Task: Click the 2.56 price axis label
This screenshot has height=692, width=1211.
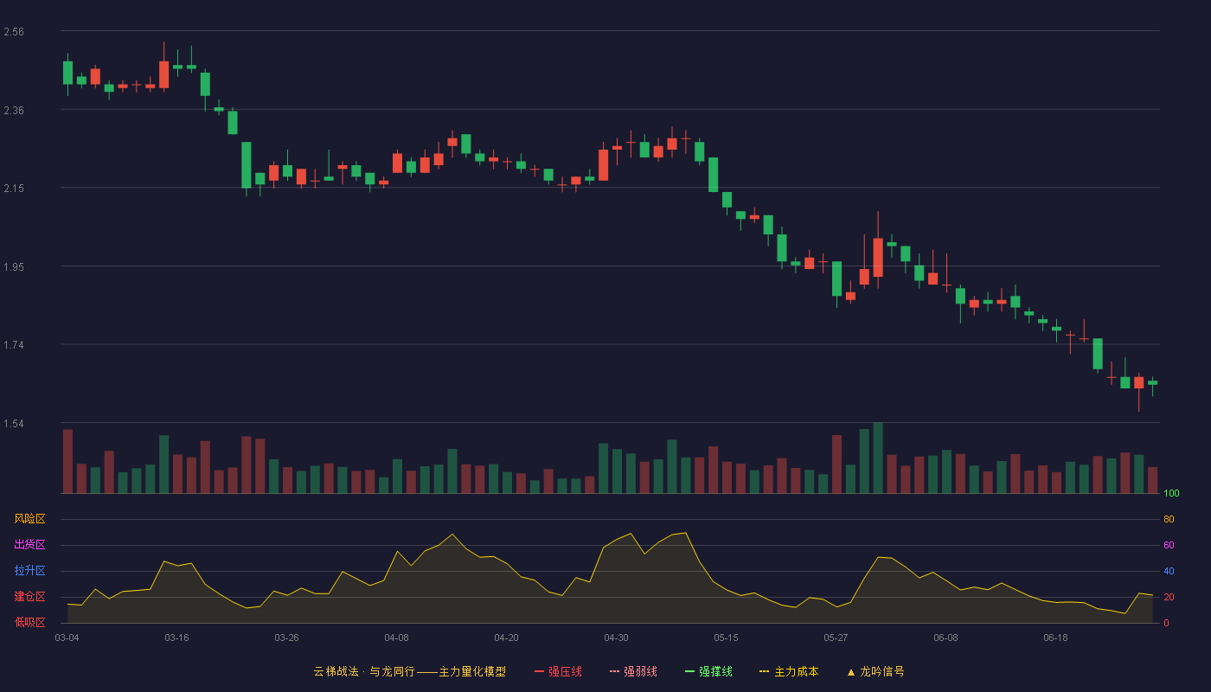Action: pyautogui.click(x=14, y=32)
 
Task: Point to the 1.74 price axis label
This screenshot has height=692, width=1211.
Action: pyautogui.click(x=14, y=345)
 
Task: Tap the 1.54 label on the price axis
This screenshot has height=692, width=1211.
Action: pyautogui.click(x=14, y=424)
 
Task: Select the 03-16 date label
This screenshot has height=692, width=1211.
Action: pyautogui.click(x=176, y=638)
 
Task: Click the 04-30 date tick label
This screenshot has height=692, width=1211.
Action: pyautogui.click(x=616, y=638)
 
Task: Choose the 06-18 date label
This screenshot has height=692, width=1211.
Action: pyautogui.click(x=1056, y=638)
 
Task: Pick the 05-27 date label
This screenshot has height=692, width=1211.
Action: pyautogui.click(x=836, y=638)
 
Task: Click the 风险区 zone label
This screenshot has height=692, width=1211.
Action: pyautogui.click(x=29, y=519)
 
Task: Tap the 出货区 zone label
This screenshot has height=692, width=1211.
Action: pyautogui.click(x=29, y=544)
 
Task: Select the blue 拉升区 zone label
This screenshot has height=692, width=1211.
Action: pyautogui.click(x=29, y=570)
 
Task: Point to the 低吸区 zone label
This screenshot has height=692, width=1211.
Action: pyautogui.click(x=29, y=622)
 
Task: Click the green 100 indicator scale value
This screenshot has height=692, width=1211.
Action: pyautogui.click(x=1171, y=493)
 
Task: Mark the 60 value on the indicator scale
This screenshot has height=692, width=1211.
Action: pyautogui.click(x=1169, y=545)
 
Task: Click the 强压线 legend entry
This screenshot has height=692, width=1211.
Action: pyautogui.click(x=558, y=671)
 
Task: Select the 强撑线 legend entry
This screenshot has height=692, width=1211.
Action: pyautogui.click(x=708, y=671)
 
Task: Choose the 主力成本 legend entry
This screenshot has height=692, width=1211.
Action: pyautogui.click(x=789, y=671)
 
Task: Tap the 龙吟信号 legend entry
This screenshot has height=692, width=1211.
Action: pyautogui.click(x=875, y=671)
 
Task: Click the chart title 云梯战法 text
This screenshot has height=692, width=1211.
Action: pyautogui.click(x=336, y=671)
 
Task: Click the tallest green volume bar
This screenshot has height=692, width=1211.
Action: pyautogui.click(x=878, y=458)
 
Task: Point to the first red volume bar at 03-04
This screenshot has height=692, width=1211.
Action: pyautogui.click(x=67, y=461)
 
